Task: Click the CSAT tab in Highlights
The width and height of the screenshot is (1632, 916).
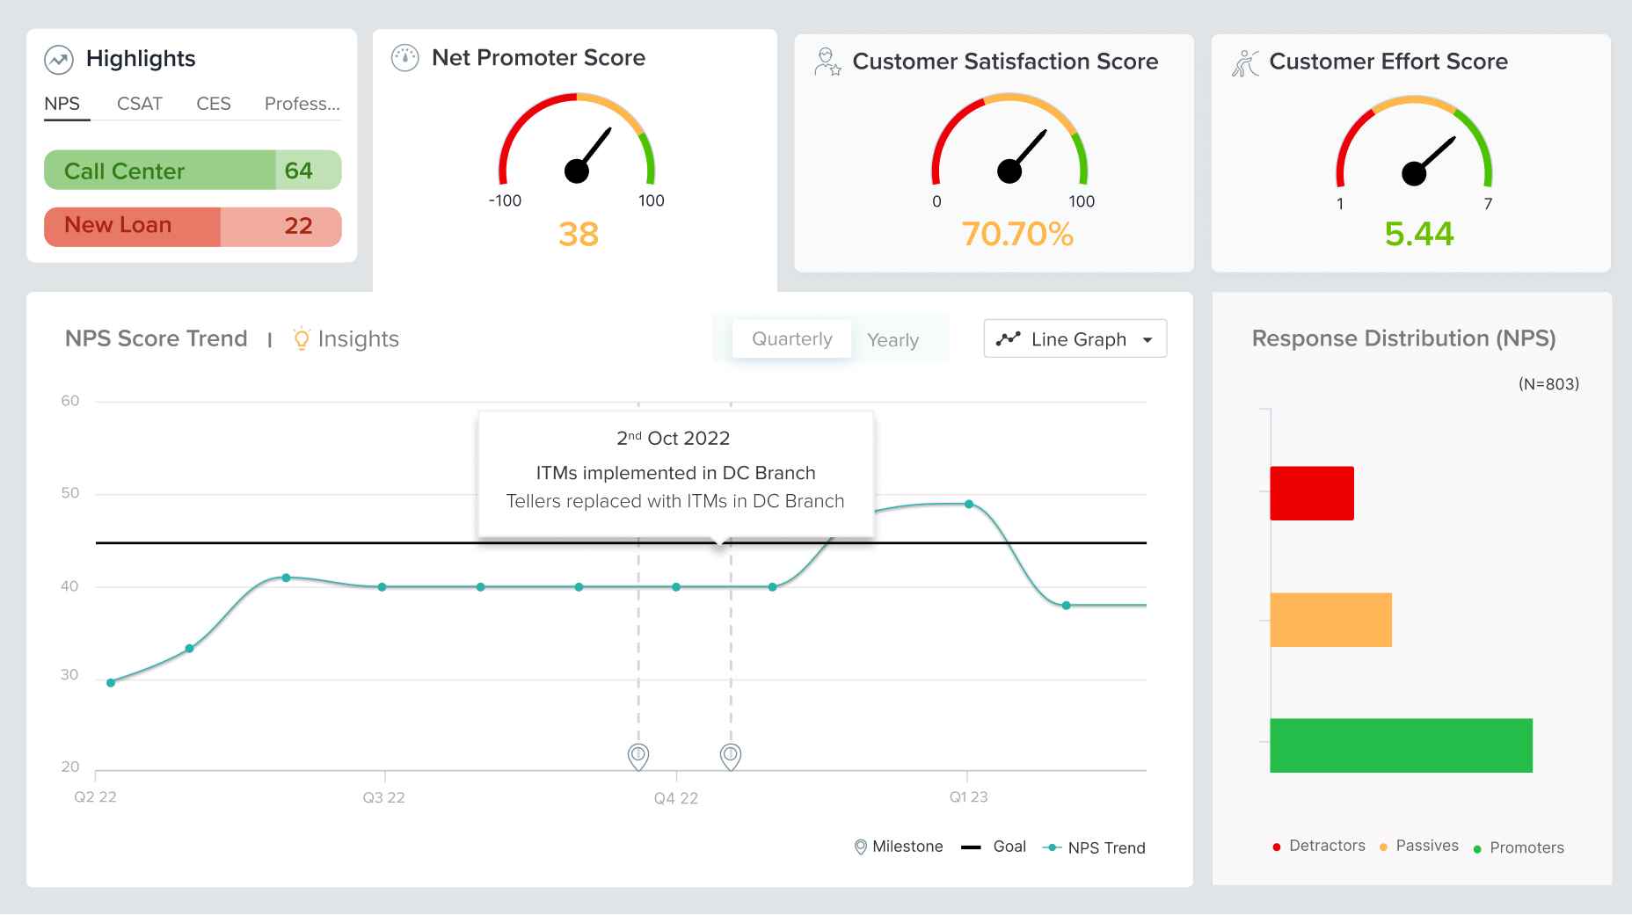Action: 140,104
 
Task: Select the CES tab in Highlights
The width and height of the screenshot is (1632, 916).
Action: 214,104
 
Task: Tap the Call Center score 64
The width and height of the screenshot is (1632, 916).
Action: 299,171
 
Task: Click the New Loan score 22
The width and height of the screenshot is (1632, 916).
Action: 299,226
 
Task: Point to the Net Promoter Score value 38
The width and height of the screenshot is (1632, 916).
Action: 579,235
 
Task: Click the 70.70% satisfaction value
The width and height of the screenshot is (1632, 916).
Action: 1017,235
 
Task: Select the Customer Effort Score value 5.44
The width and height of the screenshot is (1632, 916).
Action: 1418,235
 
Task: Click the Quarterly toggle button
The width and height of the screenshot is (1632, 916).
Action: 791,339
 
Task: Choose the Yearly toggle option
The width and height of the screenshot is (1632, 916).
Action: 892,340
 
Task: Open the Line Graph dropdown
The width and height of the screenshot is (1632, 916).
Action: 1075,339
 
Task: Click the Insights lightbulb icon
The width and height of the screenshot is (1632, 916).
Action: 302,338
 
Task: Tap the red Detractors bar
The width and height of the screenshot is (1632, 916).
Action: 1311,493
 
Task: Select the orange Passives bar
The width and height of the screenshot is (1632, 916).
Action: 1330,620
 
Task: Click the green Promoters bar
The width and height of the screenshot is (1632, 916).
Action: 1401,745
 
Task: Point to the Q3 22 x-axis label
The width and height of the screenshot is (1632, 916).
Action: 383,798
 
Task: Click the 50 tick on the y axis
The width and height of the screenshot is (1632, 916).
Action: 70,493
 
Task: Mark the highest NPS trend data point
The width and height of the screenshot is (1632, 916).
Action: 969,505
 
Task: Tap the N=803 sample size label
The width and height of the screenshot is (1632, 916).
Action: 1548,384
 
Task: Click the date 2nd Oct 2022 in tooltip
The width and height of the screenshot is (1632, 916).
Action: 674,438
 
